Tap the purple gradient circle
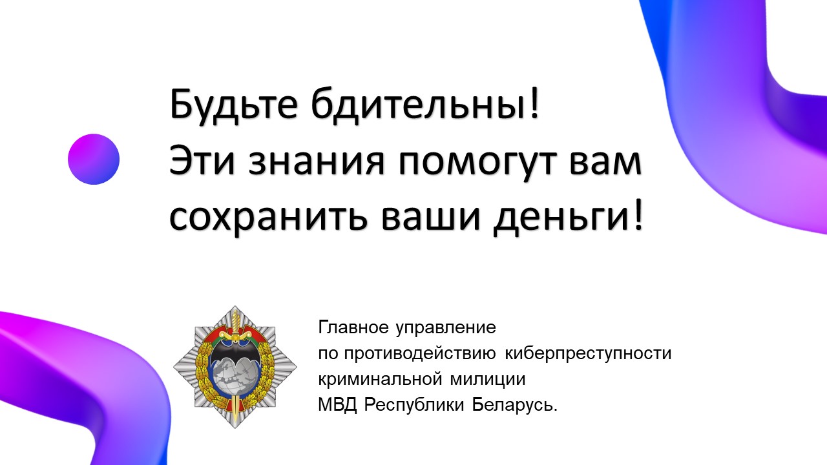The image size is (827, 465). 94,159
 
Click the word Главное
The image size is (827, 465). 353,327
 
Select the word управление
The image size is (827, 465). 446,328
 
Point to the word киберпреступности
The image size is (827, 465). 588,354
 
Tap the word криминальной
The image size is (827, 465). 380,380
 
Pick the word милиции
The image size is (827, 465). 487,380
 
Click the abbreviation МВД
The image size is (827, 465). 337,405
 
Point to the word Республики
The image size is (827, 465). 414,405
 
